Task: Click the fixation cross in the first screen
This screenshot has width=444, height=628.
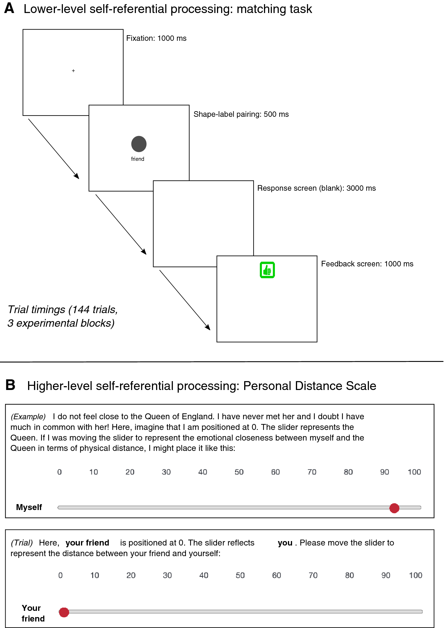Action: coord(73,71)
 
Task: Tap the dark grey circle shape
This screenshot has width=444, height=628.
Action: coord(139,144)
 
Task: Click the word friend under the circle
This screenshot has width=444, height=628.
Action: coord(138,159)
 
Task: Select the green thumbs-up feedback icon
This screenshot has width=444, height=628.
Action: coord(267,270)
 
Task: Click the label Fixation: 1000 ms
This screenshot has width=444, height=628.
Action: coord(156,38)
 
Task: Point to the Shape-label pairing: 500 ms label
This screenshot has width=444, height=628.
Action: coord(241,114)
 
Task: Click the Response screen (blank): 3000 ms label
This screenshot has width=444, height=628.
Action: coord(316,188)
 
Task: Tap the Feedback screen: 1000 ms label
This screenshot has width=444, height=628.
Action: coord(367,264)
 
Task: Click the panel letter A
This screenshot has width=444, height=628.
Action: coord(9,8)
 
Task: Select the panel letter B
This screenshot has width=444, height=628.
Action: coord(10,385)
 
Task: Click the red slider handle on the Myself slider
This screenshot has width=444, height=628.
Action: coord(394,508)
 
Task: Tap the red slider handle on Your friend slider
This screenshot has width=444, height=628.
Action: coord(64,612)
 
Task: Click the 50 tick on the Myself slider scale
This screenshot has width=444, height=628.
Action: coord(239,472)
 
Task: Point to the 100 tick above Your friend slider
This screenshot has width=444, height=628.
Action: coord(415,575)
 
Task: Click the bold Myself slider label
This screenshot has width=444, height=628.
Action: coord(29,507)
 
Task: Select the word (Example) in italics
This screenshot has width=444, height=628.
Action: coord(28,417)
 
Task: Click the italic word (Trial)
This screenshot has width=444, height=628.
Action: coord(22,543)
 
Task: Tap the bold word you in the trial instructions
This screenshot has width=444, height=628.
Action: coord(285,543)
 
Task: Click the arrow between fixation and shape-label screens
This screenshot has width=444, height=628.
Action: coord(54,149)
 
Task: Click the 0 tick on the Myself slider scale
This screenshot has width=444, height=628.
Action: coord(59,472)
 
